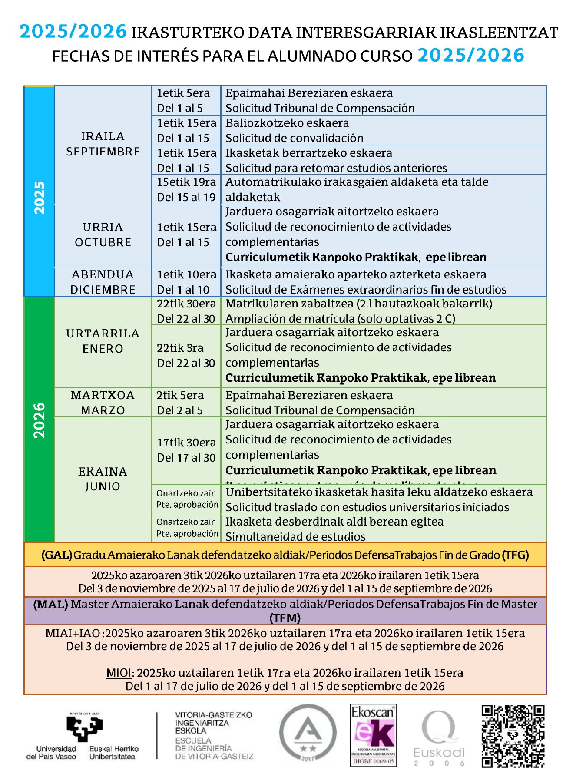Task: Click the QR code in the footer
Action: click(513, 736)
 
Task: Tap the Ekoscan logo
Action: click(374, 735)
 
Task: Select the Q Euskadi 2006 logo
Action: click(439, 738)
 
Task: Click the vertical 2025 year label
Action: click(39, 198)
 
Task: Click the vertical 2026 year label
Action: click(39, 420)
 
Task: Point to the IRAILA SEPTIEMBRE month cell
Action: click(103, 144)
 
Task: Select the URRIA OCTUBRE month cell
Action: click(103, 235)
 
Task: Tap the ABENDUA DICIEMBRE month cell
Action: click(103, 282)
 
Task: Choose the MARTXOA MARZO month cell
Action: click(103, 403)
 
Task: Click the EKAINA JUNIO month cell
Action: click(103, 479)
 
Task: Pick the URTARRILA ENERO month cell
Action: click(103, 341)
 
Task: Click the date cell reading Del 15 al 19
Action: click(186, 197)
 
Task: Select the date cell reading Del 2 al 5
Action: click(180, 410)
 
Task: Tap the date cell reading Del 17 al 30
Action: click(186, 458)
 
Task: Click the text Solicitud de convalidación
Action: click(294, 138)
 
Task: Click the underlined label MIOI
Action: click(119, 673)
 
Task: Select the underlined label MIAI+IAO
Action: click(73, 633)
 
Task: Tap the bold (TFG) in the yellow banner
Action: click(515, 555)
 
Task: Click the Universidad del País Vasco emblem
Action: click(84, 728)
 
